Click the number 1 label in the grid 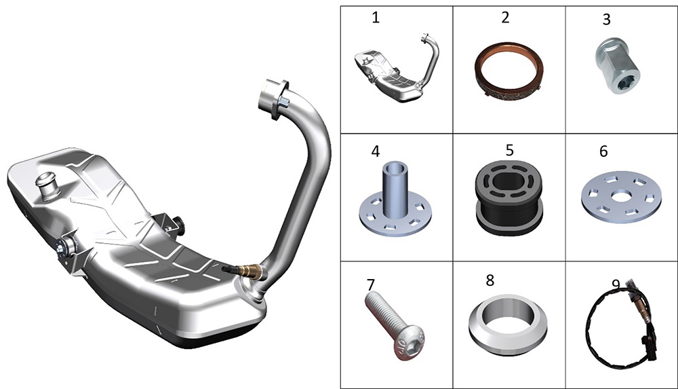click(x=376, y=18)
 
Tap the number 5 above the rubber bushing click(x=509, y=150)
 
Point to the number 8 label click(x=490, y=280)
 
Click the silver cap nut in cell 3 click(x=618, y=66)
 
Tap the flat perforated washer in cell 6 click(x=621, y=197)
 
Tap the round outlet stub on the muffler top click(x=47, y=186)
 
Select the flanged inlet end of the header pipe click(x=274, y=98)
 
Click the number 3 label click(x=606, y=20)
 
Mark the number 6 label click(x=603, y=151)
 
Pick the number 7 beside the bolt click(x=371, y=284)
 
